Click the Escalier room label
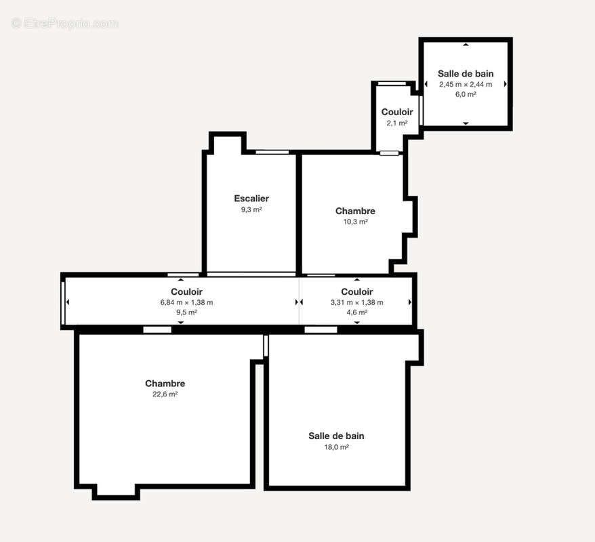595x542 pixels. coord(251,199)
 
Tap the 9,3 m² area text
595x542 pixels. coord(251,210)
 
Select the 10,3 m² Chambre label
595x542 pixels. coord(355,211)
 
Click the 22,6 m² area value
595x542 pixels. coord(165,394)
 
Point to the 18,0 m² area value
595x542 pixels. coord(336,447)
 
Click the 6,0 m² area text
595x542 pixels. coord(465,95)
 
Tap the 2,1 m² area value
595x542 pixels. coord(396,123)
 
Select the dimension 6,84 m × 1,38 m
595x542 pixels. coord(186,302)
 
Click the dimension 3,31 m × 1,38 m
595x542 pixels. coord(356,302)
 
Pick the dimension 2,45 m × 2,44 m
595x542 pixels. coord(465,84)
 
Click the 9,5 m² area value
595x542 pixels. coord(186,312)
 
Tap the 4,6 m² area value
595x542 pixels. coord(356,312)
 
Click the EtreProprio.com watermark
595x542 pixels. coord(65,24)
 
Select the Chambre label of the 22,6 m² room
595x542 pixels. coord(165,383)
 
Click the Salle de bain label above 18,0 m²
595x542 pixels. coord(336,436)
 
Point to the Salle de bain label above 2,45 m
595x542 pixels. coord(465,73)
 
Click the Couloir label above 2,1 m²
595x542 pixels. coord(396,112)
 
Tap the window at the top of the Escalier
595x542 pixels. coord(271,152)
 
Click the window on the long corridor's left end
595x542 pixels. coord(63,302)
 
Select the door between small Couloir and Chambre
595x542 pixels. coord(389,153)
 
